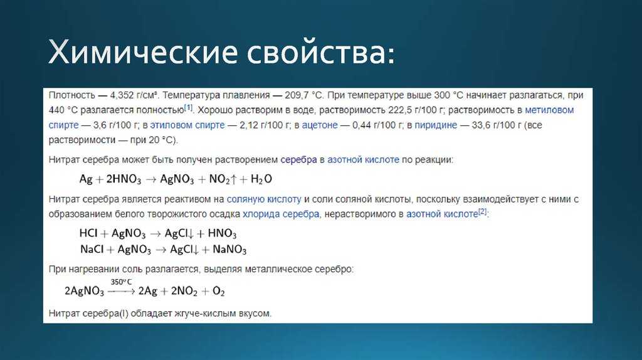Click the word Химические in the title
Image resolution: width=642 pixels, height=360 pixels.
click(143, 52)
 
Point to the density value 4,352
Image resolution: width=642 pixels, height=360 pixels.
click(122, 95)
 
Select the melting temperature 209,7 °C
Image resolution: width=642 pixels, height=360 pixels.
click(304, 95)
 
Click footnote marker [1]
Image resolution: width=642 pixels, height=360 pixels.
click(188, 108)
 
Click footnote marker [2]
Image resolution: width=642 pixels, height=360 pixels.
click(483, 212)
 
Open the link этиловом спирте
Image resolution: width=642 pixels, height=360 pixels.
click(187, 125)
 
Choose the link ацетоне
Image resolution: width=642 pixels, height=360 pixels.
click(320, 125)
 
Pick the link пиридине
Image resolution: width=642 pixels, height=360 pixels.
click(436, 125)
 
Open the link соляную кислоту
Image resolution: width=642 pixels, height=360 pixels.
click(264, 199)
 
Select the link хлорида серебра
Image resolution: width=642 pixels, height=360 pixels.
click(281, 214)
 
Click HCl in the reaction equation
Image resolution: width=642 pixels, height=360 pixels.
click(88, 233)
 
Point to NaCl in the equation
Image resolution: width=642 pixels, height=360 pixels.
click(92, 250)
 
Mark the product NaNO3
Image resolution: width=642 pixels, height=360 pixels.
click(229, 250)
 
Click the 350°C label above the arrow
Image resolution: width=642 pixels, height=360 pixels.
click(121, 282)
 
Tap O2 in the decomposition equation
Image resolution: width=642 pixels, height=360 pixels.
click(219, 291)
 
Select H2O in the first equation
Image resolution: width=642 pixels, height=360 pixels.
click(261, 179)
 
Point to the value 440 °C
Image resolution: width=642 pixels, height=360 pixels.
click(63, 110)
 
